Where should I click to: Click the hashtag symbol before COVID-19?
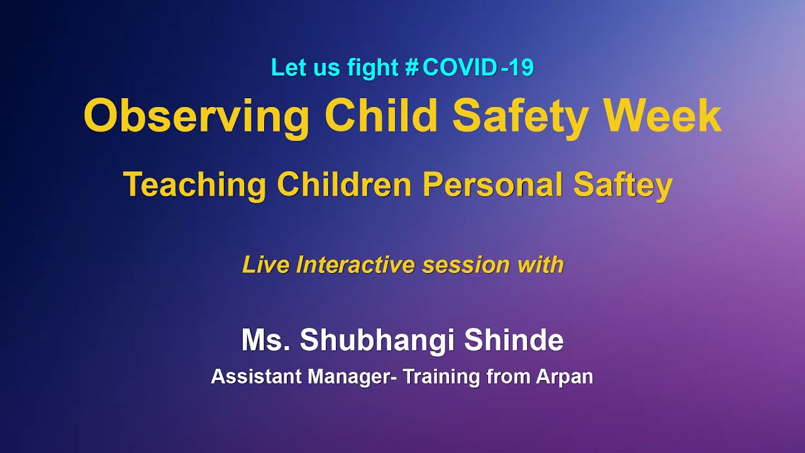[413, 68]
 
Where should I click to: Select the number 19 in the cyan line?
[521, 68]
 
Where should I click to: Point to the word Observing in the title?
[196, 117]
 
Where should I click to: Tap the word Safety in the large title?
[521, 117]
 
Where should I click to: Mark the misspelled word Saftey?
[623, 186]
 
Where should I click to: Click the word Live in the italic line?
[265, 265]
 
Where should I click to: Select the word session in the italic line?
[466, 265]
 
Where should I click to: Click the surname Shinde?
[514, 340]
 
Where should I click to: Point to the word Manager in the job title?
[348, 377]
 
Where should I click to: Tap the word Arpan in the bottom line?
[564, 377]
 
